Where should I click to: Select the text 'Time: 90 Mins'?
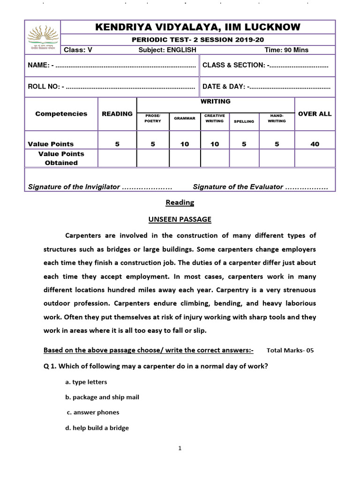pos(286,50)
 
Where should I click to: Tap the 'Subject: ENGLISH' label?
pos(167,50)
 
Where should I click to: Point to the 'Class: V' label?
pos(78,50)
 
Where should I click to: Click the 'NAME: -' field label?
pos(41,65)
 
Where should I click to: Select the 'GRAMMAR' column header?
pos(185,119)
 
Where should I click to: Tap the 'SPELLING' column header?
pos(244,121)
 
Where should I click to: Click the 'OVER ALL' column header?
pos(315,114)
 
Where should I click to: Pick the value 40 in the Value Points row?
pos(315,144)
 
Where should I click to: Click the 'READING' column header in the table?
pos(117,114)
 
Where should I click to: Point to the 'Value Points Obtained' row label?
pos(61,158)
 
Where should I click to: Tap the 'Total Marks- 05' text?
pos(290,350)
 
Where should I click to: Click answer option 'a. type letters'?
pos(86,382)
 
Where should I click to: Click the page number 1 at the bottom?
pos(180,448)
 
